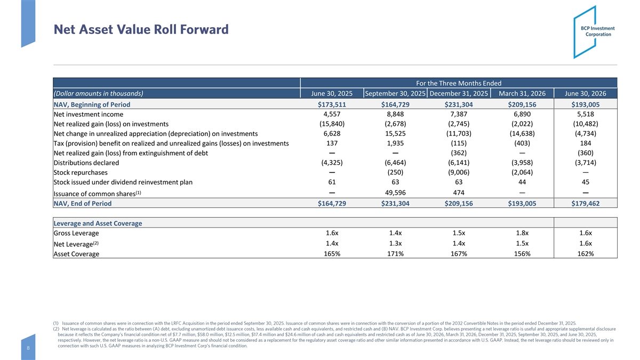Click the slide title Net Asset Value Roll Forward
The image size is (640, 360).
pyautogui.click(x=141, y=29)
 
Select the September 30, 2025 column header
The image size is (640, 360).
pyautogui.click(x=395, y=93)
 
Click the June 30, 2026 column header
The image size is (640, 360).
pyautogui.click(x=586, y=93)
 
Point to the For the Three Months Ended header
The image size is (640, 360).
pyautogui.click(x=459, y=83)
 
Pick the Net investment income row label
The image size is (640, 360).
pyautogui.click(x=89, y=114)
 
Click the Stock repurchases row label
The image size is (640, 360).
pyautogui.click(x=81, y=173)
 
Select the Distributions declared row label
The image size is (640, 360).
pyautogui.click(x=86, y=163)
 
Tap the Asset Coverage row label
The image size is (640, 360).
pyautogui.click(x=76, y=254)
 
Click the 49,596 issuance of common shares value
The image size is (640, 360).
pyautogui.click(x=395, y=193)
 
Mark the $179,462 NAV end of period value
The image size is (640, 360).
pyautogui.click(x=586, y=203)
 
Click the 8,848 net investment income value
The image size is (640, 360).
pyautogui.click(x=395, y=114)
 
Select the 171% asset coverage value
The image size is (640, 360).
pyautogui.click(x=395, y=254)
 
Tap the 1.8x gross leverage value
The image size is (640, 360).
pyautogui.click(x=522, y=233)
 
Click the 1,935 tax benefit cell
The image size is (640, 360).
pyautogui.click(x=395, y=143)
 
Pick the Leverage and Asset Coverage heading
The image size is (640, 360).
pyautogui.click(x=98, y=223)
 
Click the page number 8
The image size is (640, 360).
pyautogui.click(x=28, y=348)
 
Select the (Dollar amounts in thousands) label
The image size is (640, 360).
pyautogui.click(x=98, y=93)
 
